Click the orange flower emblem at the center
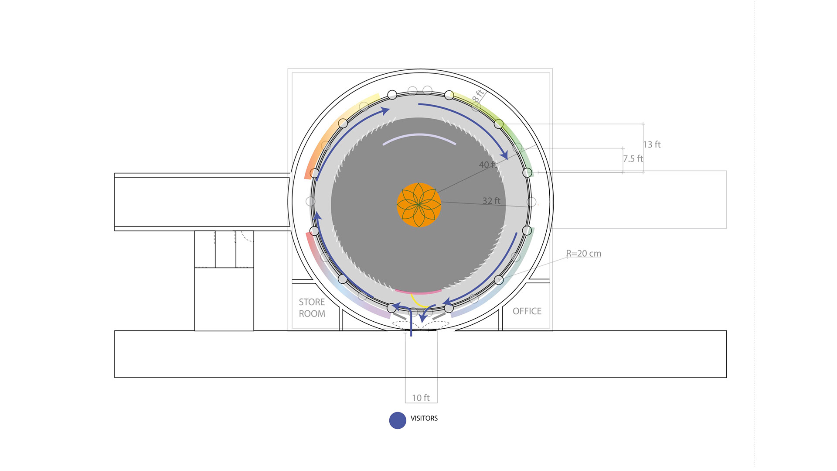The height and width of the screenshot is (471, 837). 418,205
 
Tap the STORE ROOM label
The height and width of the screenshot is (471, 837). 312,308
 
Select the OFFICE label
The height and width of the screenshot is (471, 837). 527,311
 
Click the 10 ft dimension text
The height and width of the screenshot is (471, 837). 421,398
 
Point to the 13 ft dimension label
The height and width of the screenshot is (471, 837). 652,144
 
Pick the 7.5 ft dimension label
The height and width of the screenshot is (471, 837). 633,158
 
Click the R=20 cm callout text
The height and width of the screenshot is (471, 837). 584,253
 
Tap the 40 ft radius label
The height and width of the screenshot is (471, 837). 488,165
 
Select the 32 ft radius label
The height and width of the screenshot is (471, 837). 491,201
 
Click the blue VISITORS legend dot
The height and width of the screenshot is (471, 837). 398,420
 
